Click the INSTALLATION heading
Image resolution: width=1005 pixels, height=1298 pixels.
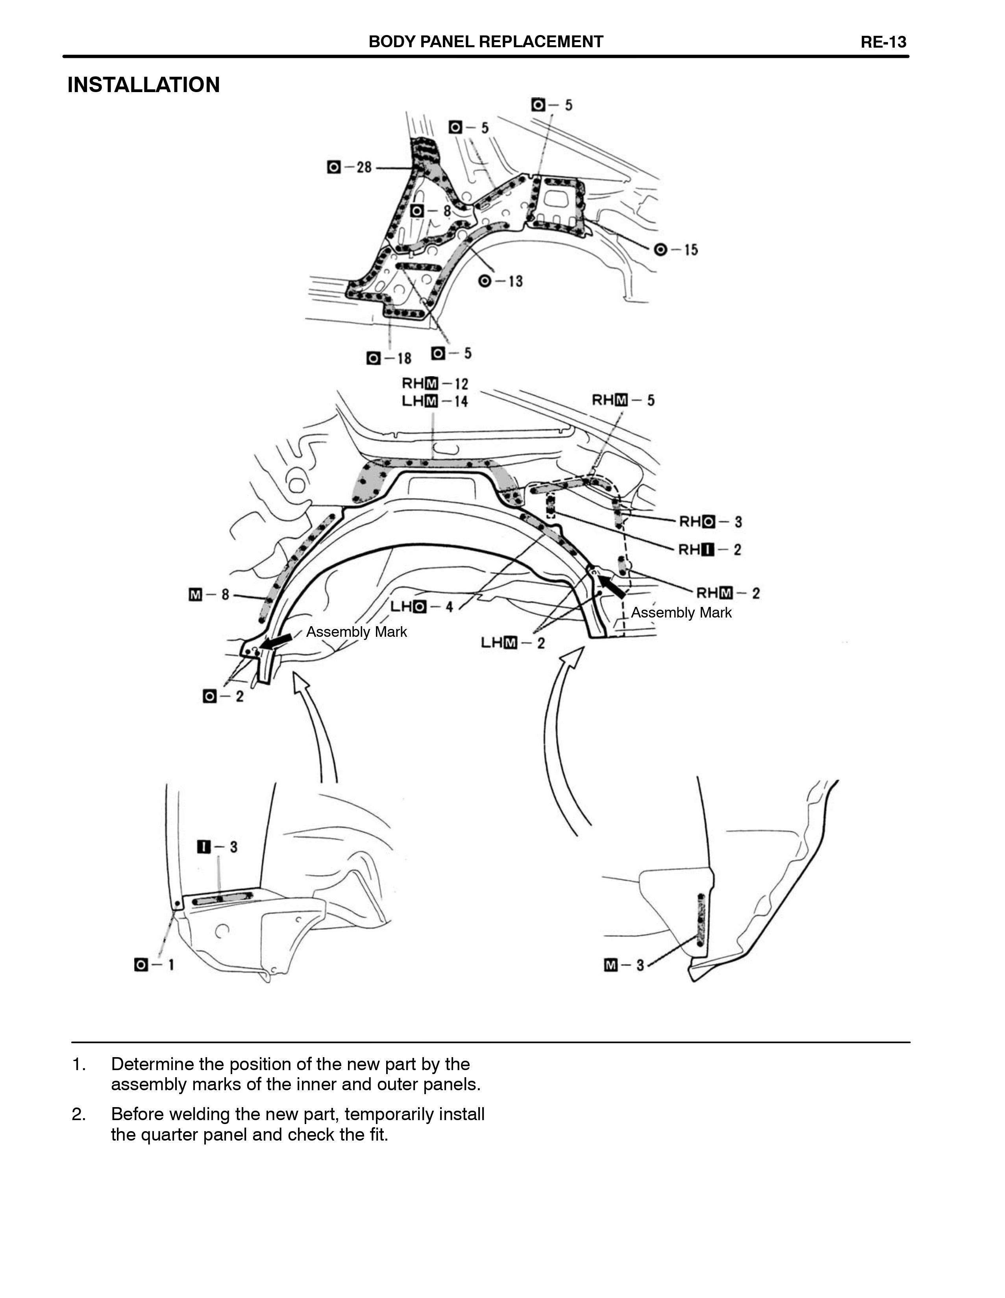coord(143,85)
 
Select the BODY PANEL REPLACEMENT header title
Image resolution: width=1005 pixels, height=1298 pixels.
coord(485,42)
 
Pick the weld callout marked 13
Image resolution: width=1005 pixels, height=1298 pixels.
coord(500,281)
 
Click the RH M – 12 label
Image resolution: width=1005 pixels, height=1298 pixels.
coord(435,384)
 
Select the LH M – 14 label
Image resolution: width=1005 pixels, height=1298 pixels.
coord(435,402)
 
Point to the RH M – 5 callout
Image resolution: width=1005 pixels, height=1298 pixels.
coord(623,401)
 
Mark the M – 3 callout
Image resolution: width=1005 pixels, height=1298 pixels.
coord(624,965)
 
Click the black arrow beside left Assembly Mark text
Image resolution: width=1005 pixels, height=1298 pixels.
coord(277,641)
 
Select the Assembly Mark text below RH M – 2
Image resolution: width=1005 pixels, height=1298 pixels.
coord(681,613)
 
